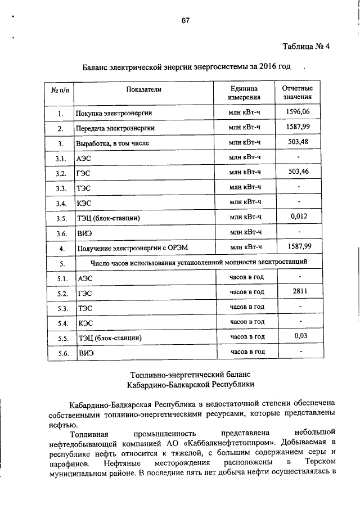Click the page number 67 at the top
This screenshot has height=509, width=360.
click(x=186, y=21)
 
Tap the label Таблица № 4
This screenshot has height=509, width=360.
click(x=304, y=47)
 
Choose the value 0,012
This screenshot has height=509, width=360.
click(x=299, y=215)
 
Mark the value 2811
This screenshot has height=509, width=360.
click(x=299, y=291)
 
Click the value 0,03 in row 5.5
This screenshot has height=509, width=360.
click(x=299, y=336)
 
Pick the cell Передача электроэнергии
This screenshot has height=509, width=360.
click(x=115, y=129)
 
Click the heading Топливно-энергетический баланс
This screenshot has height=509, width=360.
click(x=188, y=374)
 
